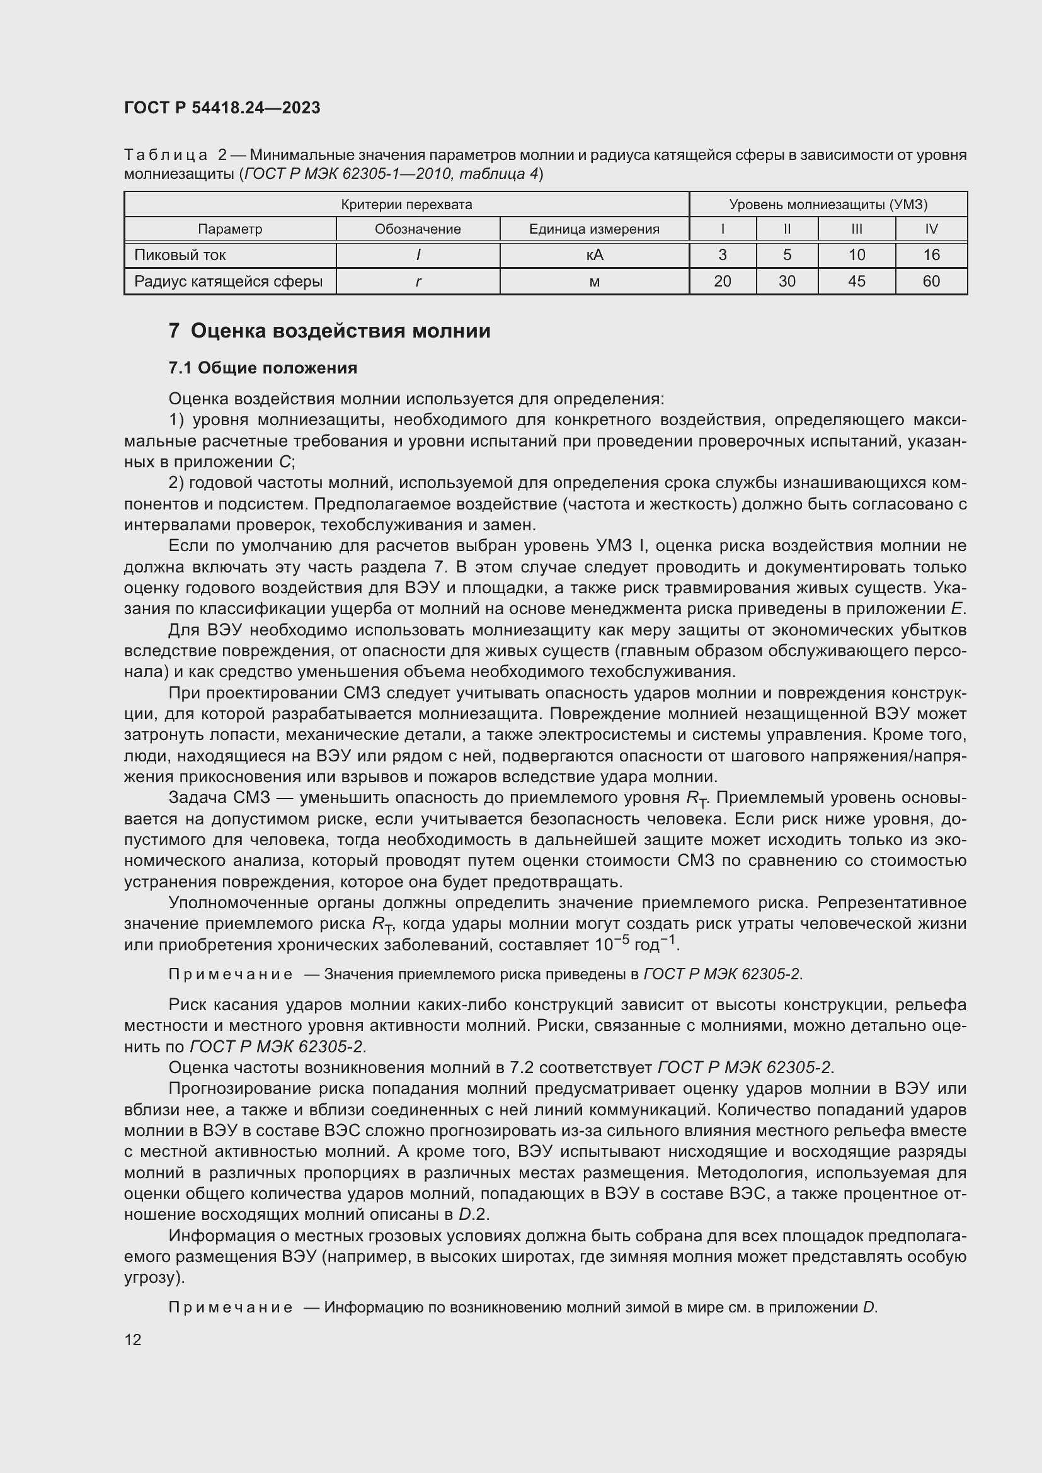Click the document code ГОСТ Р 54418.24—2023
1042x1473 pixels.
222,108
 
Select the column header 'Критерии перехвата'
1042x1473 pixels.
406,205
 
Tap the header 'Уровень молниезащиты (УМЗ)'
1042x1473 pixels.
828,205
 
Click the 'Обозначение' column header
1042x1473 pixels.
418,229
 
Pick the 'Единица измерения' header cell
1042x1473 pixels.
594,229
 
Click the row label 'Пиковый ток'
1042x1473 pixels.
180,255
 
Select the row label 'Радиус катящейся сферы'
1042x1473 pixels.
229,282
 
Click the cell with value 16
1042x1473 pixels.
931,255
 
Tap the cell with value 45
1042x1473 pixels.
857,282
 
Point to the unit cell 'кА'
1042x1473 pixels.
594,255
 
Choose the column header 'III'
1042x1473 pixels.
857,229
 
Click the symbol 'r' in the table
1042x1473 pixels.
418,282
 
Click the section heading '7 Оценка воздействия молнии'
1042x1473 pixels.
329,331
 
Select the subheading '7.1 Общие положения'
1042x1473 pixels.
263,368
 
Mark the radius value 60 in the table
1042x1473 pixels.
931,282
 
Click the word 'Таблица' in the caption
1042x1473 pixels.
166,156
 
